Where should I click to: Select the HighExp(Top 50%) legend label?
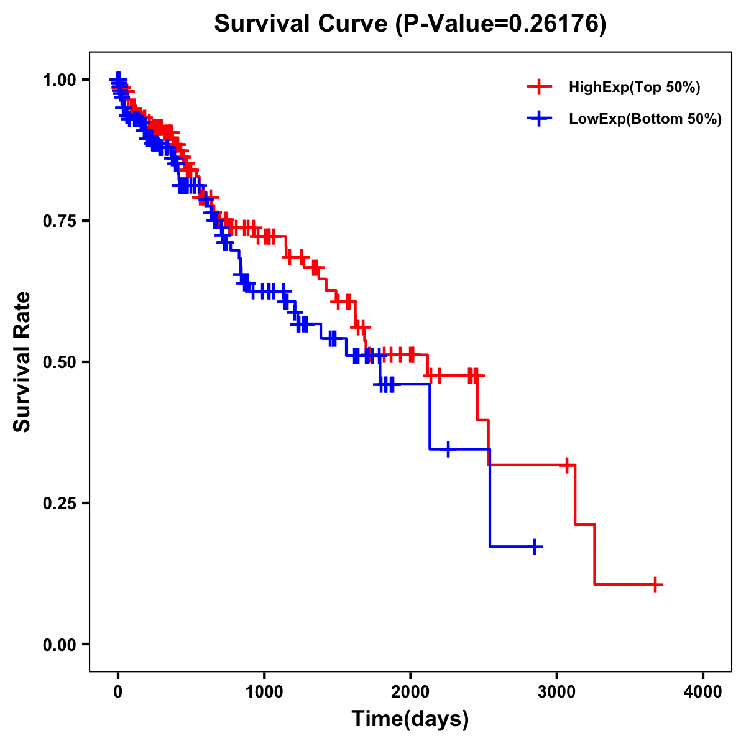point(635,88)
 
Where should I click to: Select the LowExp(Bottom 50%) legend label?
point(645,119)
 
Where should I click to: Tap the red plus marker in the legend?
point(539,87)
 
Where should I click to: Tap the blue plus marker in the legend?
point(539,119)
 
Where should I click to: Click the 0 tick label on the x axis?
point(118,693)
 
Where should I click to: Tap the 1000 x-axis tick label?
point(264,693)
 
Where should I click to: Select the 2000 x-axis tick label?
point(410,693)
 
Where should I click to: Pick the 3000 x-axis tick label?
point(556,693)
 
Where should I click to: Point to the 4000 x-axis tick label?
point(703,693)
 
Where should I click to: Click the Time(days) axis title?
point(410,719)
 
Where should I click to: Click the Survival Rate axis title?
point(22,362)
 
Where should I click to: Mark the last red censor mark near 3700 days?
point(655,584)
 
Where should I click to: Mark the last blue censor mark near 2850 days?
point(534,547)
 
